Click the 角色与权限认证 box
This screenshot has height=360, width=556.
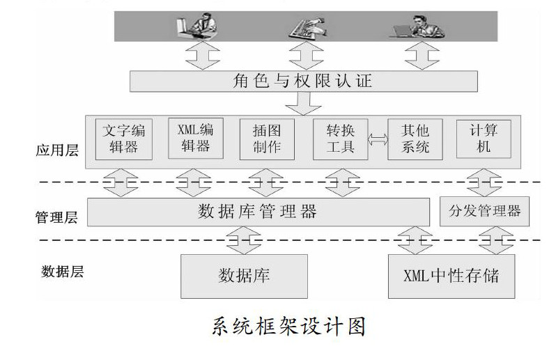tap(304, 81)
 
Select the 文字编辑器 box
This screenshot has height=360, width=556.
tap(123, 139)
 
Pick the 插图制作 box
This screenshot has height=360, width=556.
tap(267, 139)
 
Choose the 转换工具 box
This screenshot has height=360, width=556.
tap(339, 139)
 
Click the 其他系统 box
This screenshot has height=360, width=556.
tap(415, 139)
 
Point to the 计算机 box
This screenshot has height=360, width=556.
tap(484, 139)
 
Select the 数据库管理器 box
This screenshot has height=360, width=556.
tap(258, 211)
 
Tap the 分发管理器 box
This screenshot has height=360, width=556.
tap(485, 211)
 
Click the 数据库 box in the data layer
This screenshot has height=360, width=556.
tap(244, 275)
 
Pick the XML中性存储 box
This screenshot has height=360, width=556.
tap(451, 275)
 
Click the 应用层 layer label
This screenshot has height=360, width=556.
tap(59, 150)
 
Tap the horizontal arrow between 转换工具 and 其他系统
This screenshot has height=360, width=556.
tap(378, 139)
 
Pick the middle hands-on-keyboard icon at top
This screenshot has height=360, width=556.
tap(304, 26)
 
